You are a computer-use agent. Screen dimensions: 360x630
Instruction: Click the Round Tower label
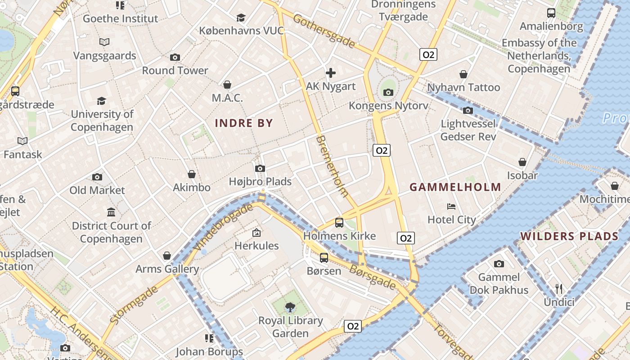pos(175,71)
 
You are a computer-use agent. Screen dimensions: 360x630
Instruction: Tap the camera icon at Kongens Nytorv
pos(388,93)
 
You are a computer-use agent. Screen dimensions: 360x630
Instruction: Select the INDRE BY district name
pos(244,123)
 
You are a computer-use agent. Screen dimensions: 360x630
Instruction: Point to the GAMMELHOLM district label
pos(455,187)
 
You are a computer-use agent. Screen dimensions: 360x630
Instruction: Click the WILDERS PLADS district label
pos(569,236)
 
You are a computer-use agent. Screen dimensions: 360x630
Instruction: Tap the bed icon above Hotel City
pos(451,207)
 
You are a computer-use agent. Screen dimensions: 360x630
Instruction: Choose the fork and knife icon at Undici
pos(559,289)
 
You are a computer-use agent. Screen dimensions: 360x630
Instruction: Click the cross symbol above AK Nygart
pos(331,73)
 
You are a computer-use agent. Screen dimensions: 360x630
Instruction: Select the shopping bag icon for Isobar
pos(522,162)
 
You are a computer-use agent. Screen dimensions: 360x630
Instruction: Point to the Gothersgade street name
pos(324,31)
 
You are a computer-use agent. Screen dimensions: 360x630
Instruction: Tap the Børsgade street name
pos(373,276)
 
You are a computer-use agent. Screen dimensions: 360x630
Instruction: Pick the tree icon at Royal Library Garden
pos(290,307)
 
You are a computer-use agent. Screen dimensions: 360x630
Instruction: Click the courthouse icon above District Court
pos(111,212)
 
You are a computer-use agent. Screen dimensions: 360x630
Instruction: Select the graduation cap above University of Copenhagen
pos(102,101)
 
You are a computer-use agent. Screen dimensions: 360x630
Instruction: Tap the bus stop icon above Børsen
pos(324,258)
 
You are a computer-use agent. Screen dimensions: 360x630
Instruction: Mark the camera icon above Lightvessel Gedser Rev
pos(468,110)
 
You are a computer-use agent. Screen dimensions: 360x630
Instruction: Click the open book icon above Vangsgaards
pos(104,42)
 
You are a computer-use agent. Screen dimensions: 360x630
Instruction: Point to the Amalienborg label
pos(551,27)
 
